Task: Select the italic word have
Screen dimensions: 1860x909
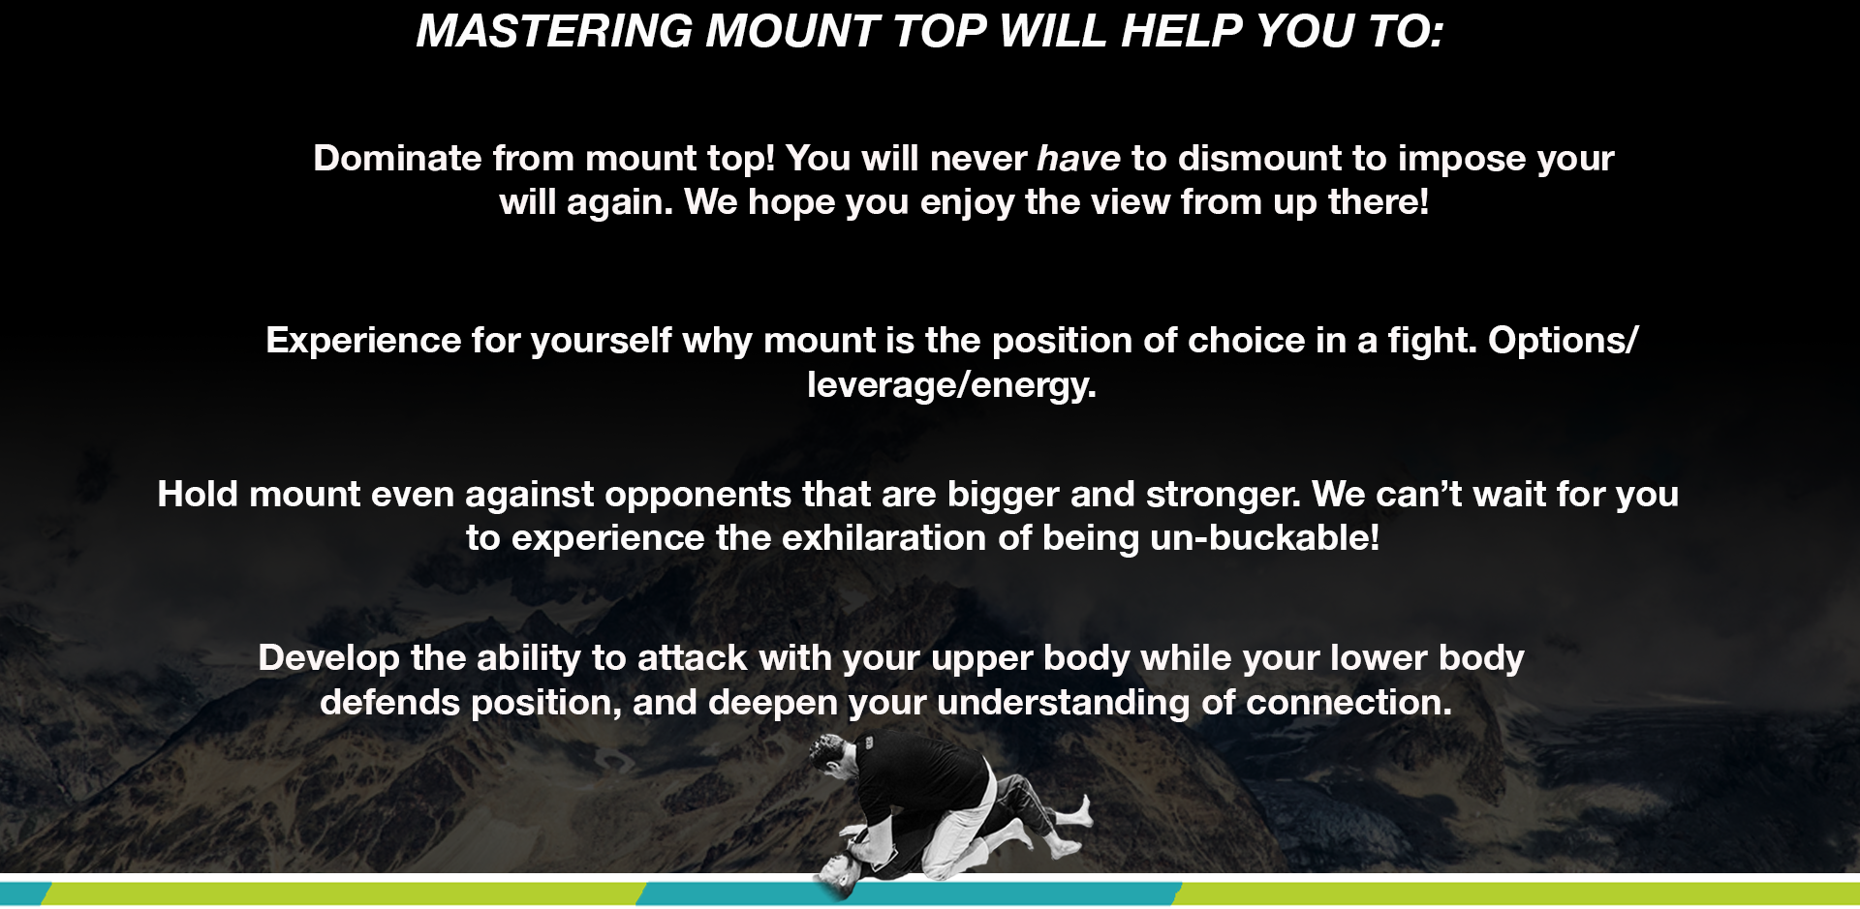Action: click(1078, 158)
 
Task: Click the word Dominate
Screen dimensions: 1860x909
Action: click(397, 158)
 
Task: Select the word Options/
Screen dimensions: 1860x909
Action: click(1564, 341)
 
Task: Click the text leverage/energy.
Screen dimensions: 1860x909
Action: click(951, 385)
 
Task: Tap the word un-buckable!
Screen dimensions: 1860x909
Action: click(1265, 538)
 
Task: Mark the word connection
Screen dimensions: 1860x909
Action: click(1349, 703)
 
